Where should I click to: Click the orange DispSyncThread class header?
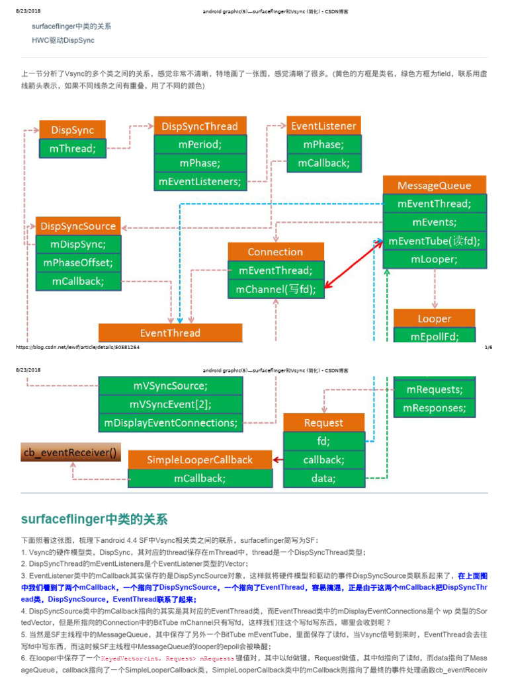(x=200, y=126)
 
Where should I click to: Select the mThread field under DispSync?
(x=72, y=149)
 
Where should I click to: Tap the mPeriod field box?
(x=200, y=144)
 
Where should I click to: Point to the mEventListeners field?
(x=200, y=181)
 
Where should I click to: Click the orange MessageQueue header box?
(x=435, y=185)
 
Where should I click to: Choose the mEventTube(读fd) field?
(x=435, y=241)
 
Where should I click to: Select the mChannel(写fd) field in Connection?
(x=276, y=289)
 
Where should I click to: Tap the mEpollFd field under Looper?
(x=434, y=336)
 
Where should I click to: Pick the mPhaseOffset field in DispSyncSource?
(x=78, y=263)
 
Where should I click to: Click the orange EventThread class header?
(x=170, y=333)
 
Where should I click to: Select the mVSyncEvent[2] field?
(x=171, y=404)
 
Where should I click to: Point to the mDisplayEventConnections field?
(x=171, y=422)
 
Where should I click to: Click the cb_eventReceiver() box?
(x=71, y=453)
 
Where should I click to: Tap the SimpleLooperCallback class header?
(x=200, y=459)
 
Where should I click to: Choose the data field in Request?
(x=323, y=478)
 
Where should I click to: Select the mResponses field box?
(x=434, y=408)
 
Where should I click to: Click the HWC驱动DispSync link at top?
(x=63, y=40)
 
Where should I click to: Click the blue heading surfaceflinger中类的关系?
(x=94, y=518)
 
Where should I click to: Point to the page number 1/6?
(x=488, y=346)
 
